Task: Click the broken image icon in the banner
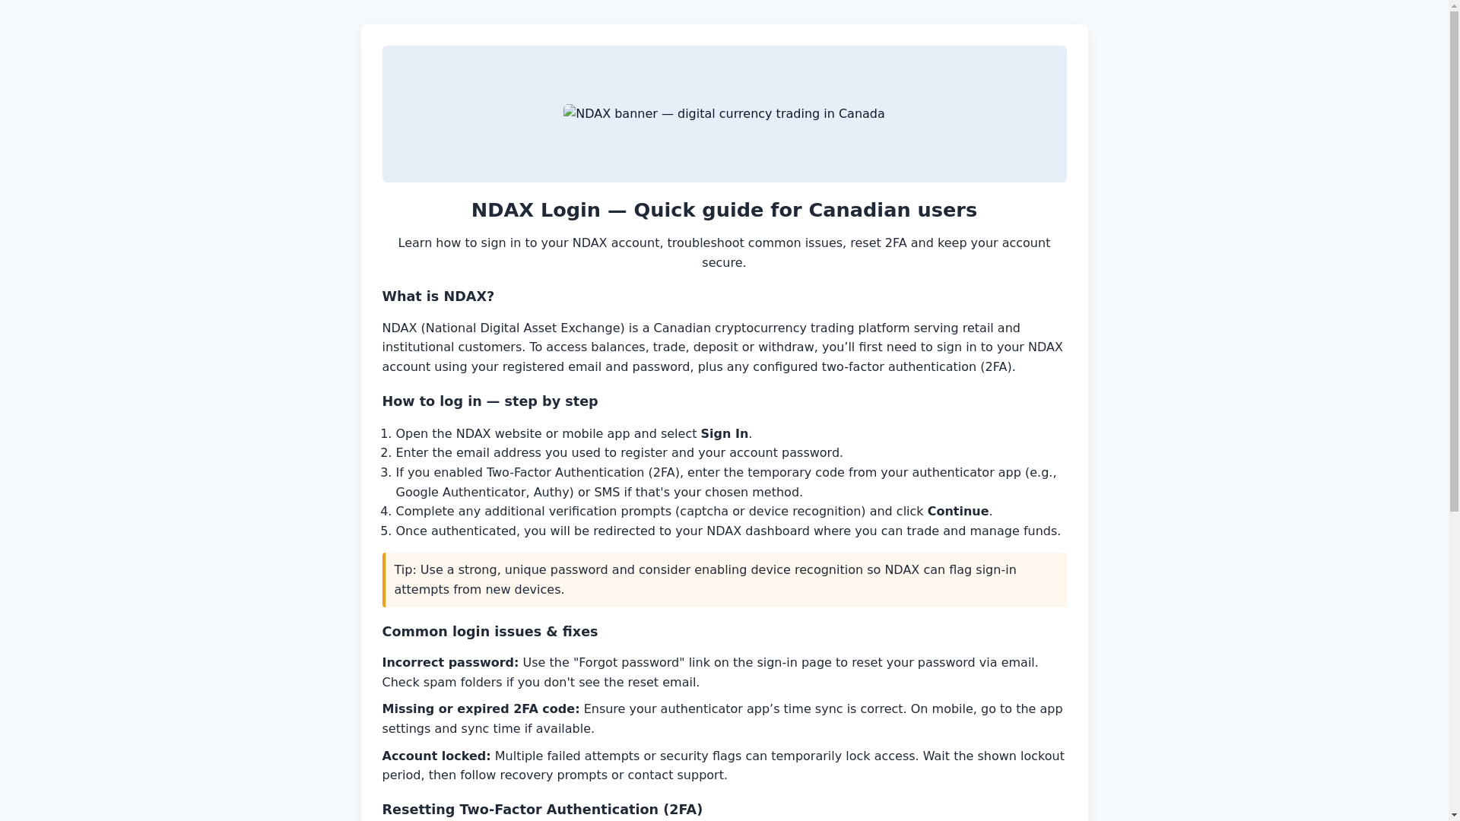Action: pos(570,113)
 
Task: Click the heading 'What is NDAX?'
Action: pos(437,296)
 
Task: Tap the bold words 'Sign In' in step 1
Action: pos(724,433)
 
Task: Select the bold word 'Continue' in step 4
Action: pos(957,511)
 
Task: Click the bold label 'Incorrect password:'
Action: pos(449,662)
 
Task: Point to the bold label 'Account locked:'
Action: pos(436,756)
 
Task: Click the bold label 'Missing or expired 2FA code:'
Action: pos(480,708)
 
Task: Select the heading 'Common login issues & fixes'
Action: pos(489,632)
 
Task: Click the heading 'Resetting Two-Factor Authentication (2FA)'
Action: pos(541,810)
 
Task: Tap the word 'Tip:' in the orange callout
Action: pos(405,569)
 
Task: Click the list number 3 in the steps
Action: pos(386,472)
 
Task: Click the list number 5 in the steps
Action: pos(386,531)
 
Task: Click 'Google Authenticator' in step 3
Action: pos(460,492)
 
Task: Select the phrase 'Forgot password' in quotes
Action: pos(629,662)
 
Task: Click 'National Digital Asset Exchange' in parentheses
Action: pos(522,328)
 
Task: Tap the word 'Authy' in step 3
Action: pos(551,492)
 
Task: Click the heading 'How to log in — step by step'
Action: pos(489,401)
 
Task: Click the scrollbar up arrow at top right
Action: pos(1454,5)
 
